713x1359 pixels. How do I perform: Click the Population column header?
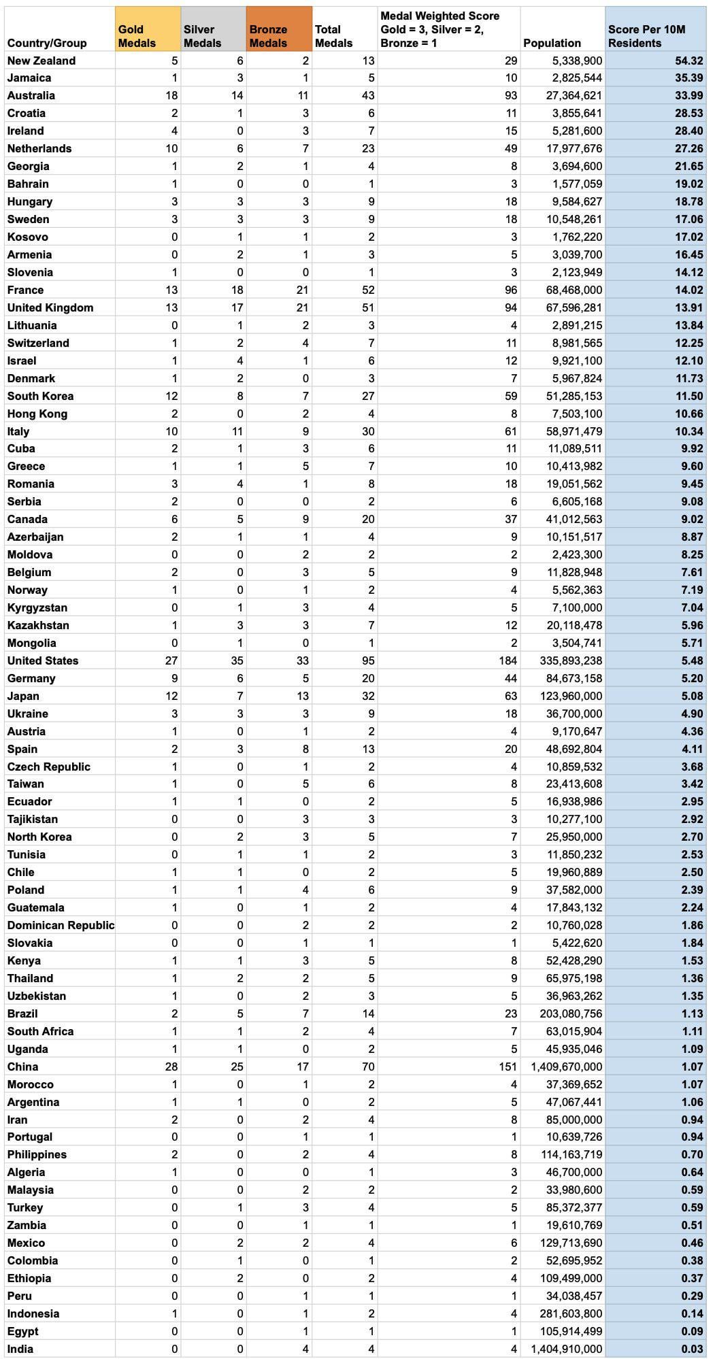tap(552, 43)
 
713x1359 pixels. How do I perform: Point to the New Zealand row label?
tap(42, 61)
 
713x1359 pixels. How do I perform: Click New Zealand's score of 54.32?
tap(688, 61)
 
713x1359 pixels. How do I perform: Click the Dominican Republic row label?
tap(61, 925)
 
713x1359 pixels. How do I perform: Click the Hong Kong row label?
tap(37, 414)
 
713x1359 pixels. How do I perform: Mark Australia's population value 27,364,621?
tap(574, 95)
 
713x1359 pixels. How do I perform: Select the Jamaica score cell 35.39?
tap(688, 78)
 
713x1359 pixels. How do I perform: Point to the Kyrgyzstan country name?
tap(37, 607)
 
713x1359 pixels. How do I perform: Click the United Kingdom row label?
tap(50, 307)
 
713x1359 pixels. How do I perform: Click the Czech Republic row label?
tap(48, 767)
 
